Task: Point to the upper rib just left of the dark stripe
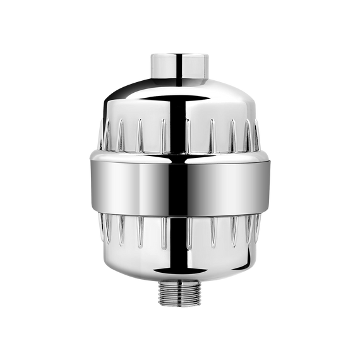coord(163,134)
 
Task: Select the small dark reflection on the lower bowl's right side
coord(246,256)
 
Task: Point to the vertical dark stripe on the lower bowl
coord(181,243)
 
